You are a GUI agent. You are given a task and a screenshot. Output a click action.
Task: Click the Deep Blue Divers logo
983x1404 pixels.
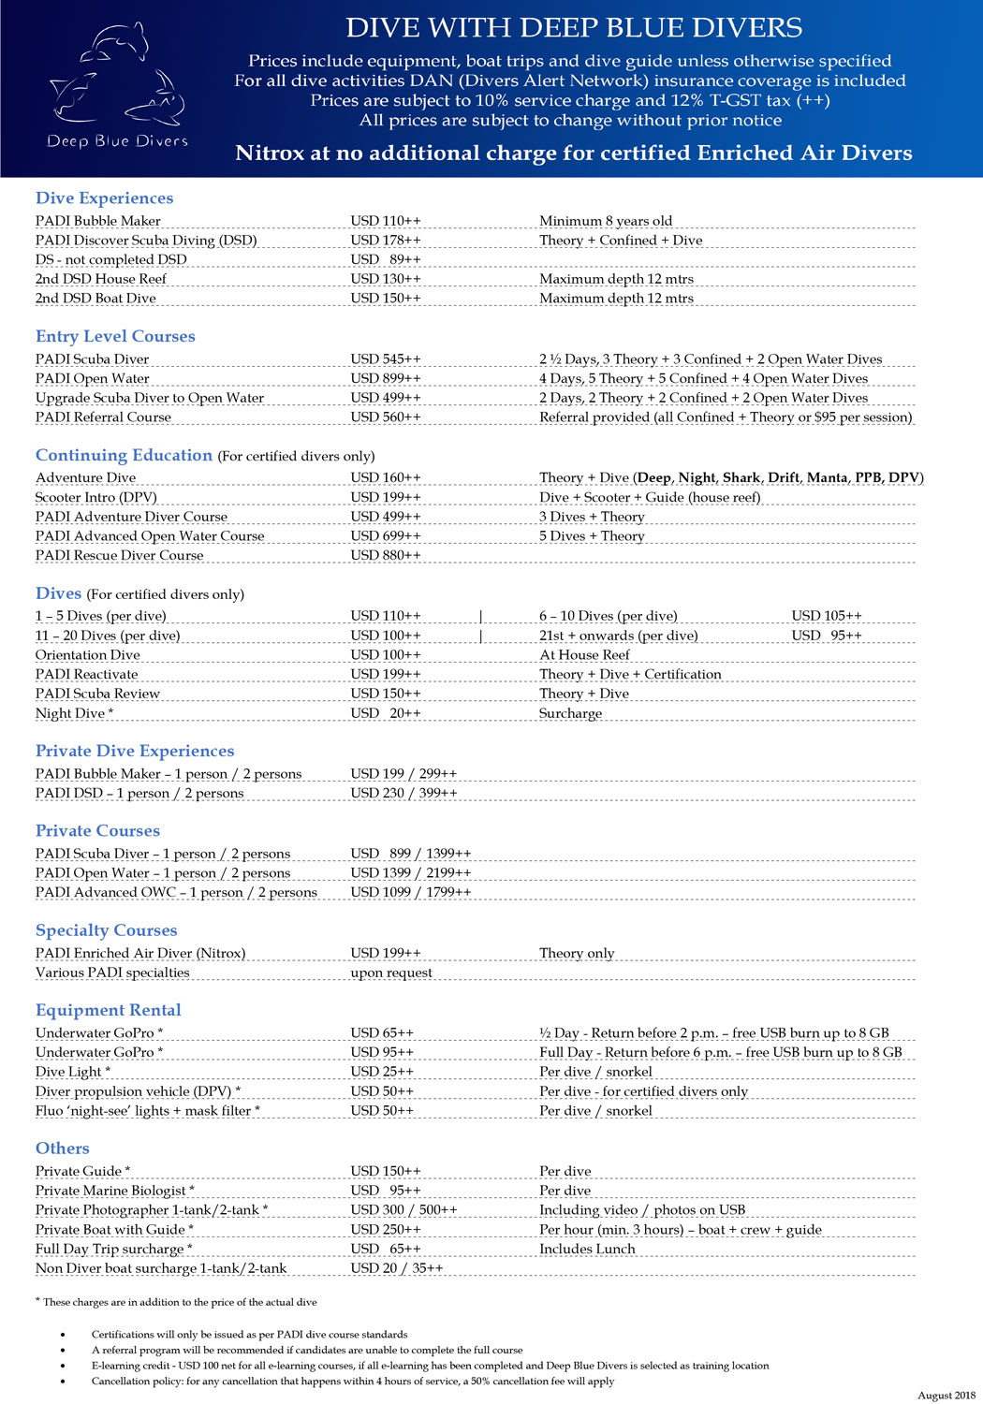coord(117,86)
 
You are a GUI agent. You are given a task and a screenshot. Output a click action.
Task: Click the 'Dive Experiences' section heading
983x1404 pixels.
coord(104,198)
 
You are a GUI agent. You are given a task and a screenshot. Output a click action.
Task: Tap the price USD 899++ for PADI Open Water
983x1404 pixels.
coord(386,378)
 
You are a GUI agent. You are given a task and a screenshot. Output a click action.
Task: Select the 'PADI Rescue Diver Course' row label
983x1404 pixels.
coord(119,555)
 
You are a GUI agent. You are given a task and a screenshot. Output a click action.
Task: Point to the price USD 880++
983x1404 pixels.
coord(386,555)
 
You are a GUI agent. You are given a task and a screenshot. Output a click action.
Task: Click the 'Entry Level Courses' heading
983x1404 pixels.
coord(115,336)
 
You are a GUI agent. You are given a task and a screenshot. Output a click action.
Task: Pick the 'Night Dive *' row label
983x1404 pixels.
coord(74,713)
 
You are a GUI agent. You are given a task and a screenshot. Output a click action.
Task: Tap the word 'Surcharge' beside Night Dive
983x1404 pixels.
coord(570,713)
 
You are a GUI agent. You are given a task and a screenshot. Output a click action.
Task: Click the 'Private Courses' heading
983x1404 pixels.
coord(97,830)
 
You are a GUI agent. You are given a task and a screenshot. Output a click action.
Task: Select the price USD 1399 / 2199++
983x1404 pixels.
coord(411,872)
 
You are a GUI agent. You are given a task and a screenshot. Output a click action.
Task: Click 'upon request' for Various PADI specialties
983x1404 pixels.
coord(391,973)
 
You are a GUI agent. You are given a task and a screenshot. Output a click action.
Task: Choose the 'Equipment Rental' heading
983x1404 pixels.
coord(108,1010)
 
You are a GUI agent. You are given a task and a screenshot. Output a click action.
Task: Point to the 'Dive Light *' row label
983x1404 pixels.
coord(73,1072)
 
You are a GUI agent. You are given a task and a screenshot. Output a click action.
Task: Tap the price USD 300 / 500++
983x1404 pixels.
coord(403,1210)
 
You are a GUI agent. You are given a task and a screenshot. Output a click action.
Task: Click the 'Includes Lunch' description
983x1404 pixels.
coord(587,1249)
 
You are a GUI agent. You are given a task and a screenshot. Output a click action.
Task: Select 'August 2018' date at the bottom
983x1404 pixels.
coord(946,1395)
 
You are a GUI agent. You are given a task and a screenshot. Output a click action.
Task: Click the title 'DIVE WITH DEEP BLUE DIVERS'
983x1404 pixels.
coord(574,28)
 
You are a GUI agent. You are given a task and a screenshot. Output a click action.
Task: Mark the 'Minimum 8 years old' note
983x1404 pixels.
coord(606,221)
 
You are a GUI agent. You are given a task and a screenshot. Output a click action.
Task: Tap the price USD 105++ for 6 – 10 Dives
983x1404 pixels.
coord(827,616)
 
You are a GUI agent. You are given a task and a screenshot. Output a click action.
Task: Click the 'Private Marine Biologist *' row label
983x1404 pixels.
coord(114,1191)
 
